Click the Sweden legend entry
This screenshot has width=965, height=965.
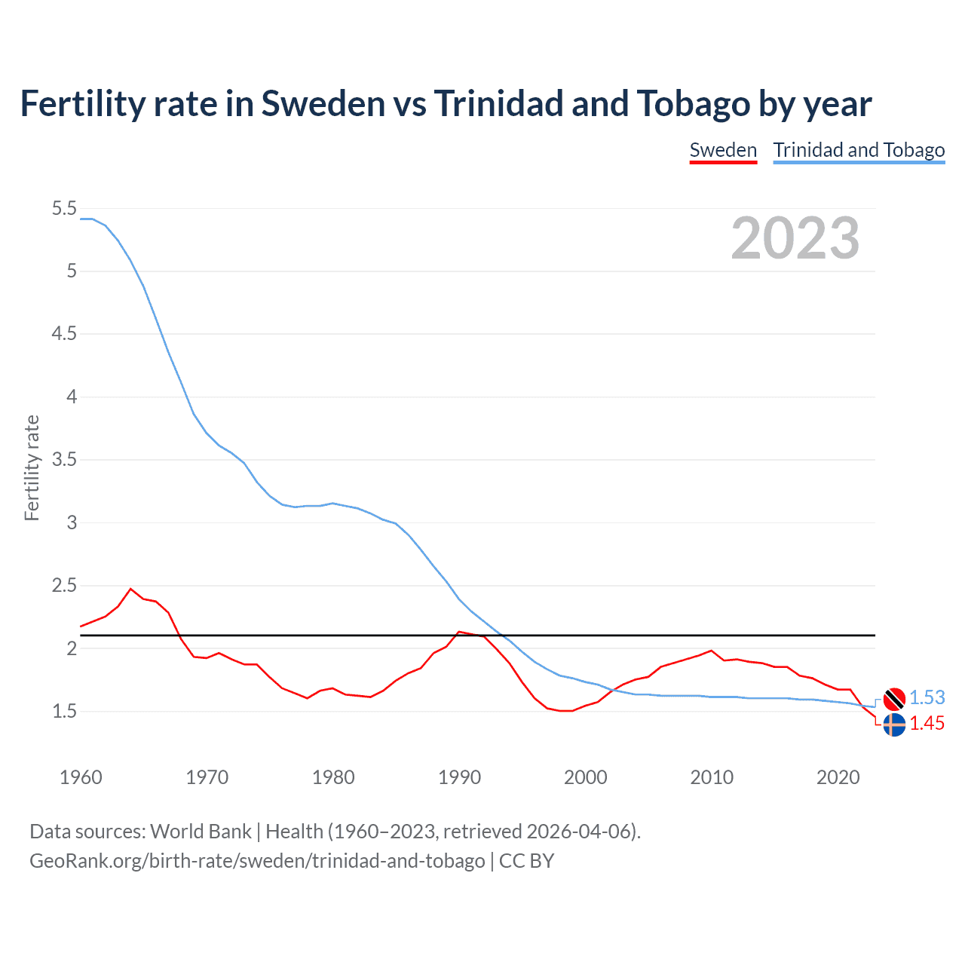[723, 150]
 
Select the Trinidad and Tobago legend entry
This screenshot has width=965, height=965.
[859, 150]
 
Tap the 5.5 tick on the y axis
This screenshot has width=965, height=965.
[64, 209]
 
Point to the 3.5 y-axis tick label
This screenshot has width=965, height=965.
[64, 460]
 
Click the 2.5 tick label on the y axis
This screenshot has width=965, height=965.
[64, 586]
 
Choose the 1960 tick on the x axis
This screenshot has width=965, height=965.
[81, 777]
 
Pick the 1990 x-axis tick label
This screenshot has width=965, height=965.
[459, 777]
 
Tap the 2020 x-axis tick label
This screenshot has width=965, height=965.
[838, 777]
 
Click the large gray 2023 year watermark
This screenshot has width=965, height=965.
[795, 238]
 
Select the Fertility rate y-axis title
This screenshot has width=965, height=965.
[32, 467]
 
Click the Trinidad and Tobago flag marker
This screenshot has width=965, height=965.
[894, 699]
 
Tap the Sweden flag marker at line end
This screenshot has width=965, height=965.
[894, 725]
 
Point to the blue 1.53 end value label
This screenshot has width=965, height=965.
[927, 698]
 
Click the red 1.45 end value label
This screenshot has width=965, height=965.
[927, 724]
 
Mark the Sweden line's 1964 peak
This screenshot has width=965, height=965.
[131, 589]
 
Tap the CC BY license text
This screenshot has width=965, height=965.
[526, 861]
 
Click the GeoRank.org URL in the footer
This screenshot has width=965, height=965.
[257, 861]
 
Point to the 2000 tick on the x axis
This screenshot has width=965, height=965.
[585, 777]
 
